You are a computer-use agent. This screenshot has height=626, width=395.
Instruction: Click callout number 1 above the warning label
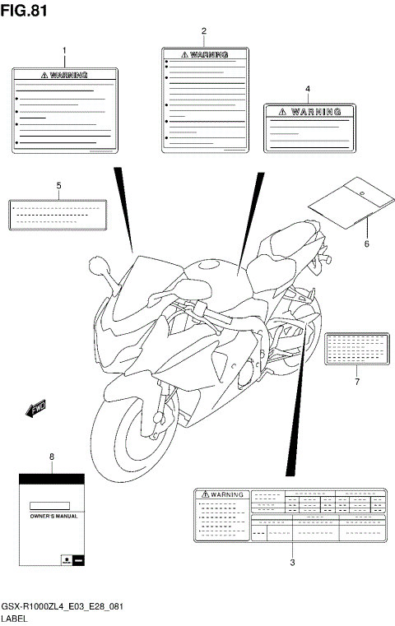[x=64, y=51]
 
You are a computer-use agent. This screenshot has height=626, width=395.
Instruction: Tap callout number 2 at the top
[x=203, y=30]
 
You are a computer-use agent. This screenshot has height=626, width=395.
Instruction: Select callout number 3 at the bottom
[x=292, y=563]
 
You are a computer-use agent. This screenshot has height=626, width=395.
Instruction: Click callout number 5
[x=58, y=185]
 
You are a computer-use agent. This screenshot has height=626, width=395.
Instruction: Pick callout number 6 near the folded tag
[x=366, y=244]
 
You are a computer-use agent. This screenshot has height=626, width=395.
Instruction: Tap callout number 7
[x=356, y=382]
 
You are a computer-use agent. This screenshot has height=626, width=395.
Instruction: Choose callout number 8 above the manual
[x=52, y=456]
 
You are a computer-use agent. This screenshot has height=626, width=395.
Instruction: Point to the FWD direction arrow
[x=35, y=407]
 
